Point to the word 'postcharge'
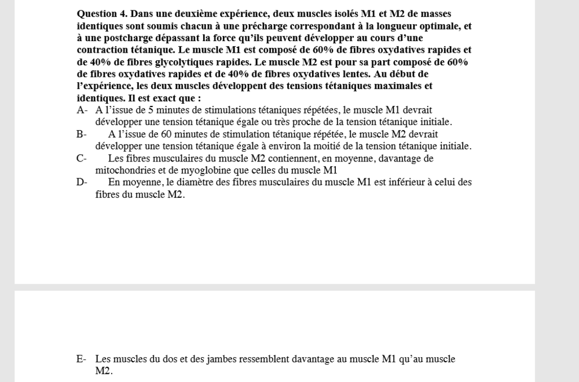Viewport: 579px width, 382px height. click(x=112, y=38)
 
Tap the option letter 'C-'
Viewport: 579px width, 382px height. click(x=82, y=159)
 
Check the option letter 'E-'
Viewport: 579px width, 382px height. click(x=82, y=359)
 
